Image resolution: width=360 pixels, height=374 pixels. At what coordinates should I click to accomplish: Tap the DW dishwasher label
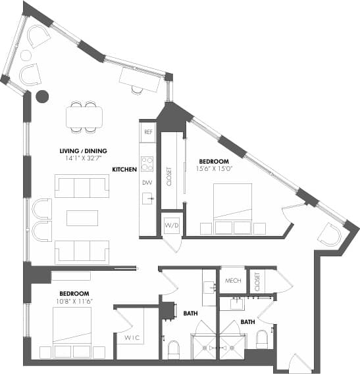pyautogui.click(x=147, y=182)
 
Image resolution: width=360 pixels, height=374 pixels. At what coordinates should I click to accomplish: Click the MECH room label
pyautogui.click(x=232, y=281)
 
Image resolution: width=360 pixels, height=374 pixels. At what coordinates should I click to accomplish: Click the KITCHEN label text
pyautogui.click(x=124, y=170)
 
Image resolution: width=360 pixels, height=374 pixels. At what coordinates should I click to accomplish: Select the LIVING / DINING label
pyautogui.click(x=83, y=150)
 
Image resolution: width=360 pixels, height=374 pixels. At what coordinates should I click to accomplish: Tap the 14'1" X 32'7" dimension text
pyautogui.click(x=83, y=158)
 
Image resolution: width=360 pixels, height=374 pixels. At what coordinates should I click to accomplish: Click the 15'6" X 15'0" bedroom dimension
pyautogui.click(x=215, y=169)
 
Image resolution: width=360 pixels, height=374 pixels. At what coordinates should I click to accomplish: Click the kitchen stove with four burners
pyautogui.click(x=147, y=163)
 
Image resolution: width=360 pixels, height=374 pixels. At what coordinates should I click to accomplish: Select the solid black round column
pyautogui.click(x=42, y=97)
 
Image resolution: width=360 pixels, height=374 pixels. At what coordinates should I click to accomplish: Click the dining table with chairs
pyautogui.click(x=84, y=116)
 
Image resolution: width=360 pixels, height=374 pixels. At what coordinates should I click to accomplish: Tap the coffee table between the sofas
pyautogui.click(x=82, y=218)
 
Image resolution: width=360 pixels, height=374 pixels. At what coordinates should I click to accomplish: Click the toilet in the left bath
pyautogui.click(x=174, y=349)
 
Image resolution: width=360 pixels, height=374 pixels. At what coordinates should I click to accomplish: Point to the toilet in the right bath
pyautogui.click(x=261, y=340)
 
